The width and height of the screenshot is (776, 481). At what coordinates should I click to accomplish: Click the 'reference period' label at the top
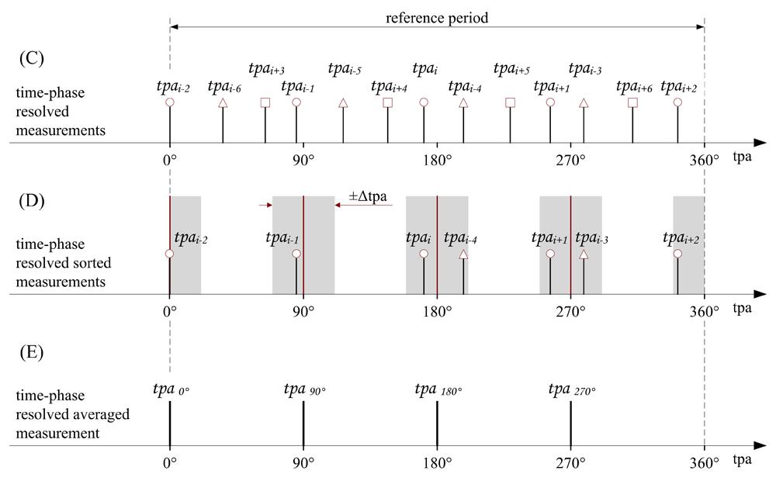coord(438,16)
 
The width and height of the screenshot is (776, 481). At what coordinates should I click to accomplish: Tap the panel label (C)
coord(31,57)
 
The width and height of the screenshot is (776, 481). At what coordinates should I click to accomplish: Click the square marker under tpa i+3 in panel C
coord(265,102)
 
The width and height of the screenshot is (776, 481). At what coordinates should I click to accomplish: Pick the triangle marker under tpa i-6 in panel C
coord(223,102)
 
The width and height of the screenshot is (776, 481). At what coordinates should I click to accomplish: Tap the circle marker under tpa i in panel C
coord(424,102)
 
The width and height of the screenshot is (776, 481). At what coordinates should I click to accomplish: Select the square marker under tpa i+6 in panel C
coord(632,102)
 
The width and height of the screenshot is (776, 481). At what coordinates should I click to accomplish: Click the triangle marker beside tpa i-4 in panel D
coord(463,254)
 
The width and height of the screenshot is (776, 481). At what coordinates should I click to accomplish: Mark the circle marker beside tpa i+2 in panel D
coord(677,254)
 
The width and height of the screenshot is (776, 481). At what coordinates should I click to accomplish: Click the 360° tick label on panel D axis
coord(705,312)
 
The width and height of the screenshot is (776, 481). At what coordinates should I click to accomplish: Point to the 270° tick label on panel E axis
coord(570,464)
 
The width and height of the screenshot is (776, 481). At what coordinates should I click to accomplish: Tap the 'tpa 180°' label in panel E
coord(438,389)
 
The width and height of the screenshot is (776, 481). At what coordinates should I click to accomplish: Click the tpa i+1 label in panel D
coord(551,238)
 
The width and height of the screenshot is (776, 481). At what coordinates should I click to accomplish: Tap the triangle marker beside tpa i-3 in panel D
coord(584,254)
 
